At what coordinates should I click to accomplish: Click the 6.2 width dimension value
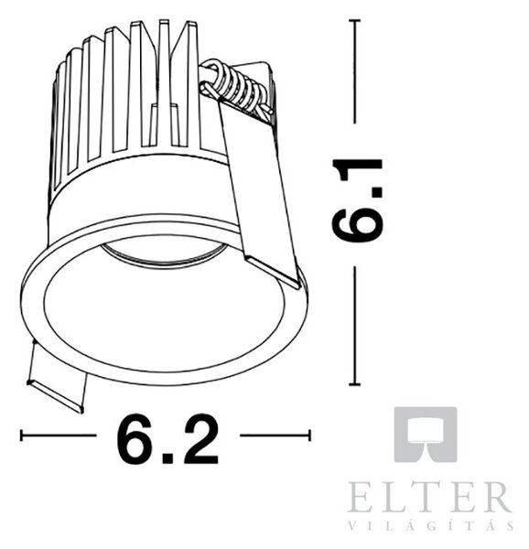tap(167, 438)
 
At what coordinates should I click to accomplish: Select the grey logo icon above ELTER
tap(426, 434)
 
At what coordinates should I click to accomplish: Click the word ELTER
tap(429, 497)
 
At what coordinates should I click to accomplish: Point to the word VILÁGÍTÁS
tap(431, 525)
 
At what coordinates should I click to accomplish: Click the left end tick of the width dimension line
tap(22, 436)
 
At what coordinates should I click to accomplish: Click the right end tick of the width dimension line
tap(309, 436)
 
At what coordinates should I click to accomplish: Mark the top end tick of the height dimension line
tap(355, 21)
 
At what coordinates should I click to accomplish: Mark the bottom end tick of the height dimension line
tap(355, 384)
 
